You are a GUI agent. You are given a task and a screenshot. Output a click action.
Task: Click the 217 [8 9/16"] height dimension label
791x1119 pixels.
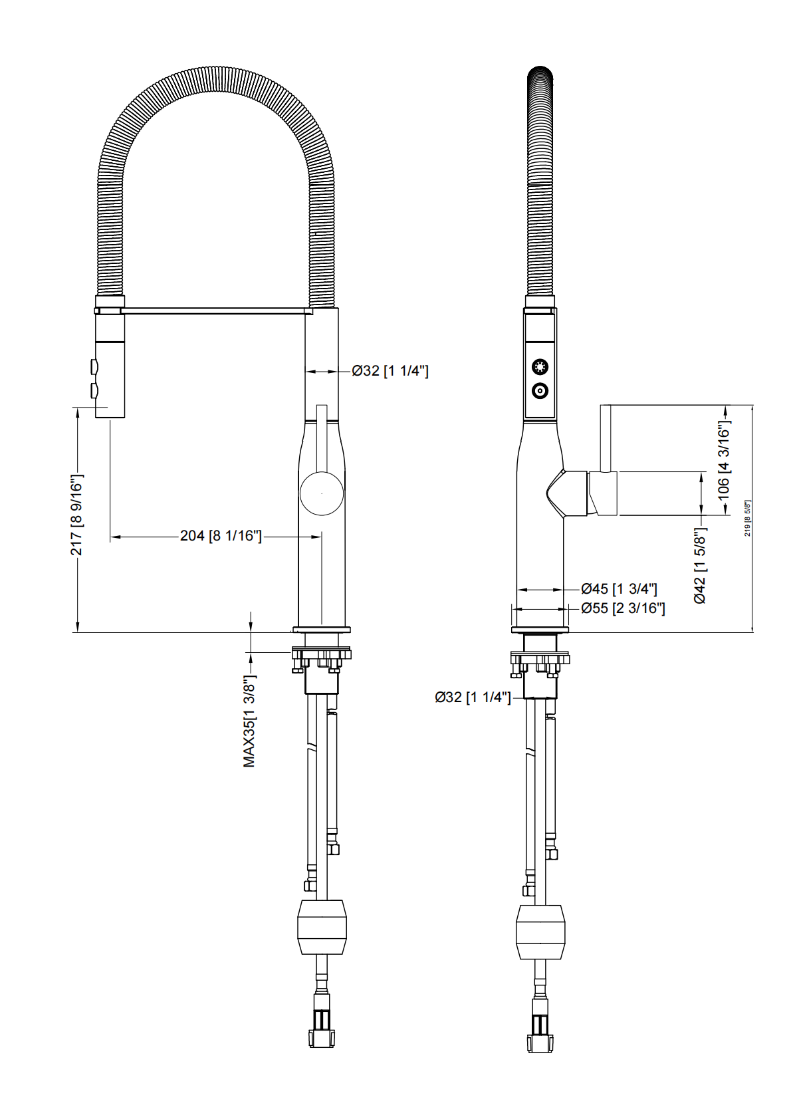tap(77, 515)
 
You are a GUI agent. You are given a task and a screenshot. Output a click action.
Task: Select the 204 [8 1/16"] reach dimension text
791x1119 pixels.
tap(221, 536)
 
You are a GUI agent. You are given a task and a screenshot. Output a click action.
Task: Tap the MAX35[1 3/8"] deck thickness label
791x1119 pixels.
tap(250, 721)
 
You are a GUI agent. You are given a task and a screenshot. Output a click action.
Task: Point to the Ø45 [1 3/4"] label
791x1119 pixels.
tap(619, 588)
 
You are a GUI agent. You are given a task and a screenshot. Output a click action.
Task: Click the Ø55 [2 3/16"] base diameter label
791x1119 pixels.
tap(623, 608)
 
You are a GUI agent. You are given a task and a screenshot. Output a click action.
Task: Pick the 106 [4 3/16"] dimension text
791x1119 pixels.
tap(724, 459)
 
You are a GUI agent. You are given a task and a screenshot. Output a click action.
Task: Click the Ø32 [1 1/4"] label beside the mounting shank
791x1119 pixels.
tap(473, 697)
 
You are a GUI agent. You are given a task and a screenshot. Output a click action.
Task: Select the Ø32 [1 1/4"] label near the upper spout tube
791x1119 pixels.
tap(390, 371)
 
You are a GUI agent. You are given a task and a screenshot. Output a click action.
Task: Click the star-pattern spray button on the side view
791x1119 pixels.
tap(540, 366)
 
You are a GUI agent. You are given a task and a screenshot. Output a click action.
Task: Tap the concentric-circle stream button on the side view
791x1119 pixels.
tap(540, 391)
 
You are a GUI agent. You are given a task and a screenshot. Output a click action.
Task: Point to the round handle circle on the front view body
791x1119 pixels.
tap(322, 493)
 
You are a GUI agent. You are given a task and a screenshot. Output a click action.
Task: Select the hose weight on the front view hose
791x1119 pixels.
tap(322, 927)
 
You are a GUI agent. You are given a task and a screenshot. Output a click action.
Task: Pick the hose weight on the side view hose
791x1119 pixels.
tap(540, 932)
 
